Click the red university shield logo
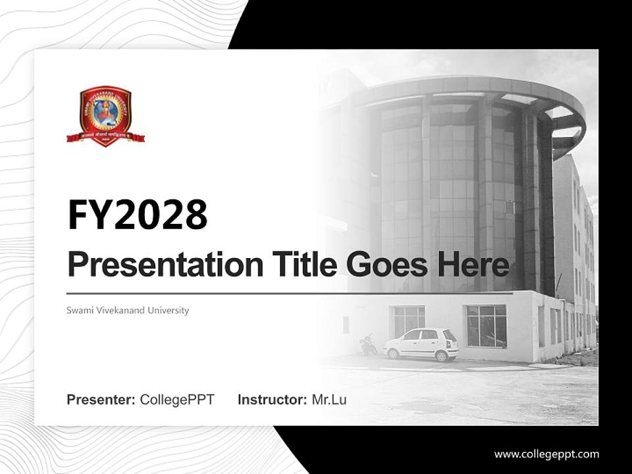pos(105,113)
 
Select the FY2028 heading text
pos(137,215)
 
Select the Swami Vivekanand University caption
pos(128,310)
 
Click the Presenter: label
pos(101,400)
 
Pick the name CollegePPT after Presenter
pos(177,400)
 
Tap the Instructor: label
pos(272,400)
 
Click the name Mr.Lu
pos(329,400)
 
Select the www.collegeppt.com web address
pos(546,454)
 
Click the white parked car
pos(421,344)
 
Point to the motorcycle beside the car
pos(369,345)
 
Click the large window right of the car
pos(487,326)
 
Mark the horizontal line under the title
pos(290,293)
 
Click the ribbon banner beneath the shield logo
pos(105,138)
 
